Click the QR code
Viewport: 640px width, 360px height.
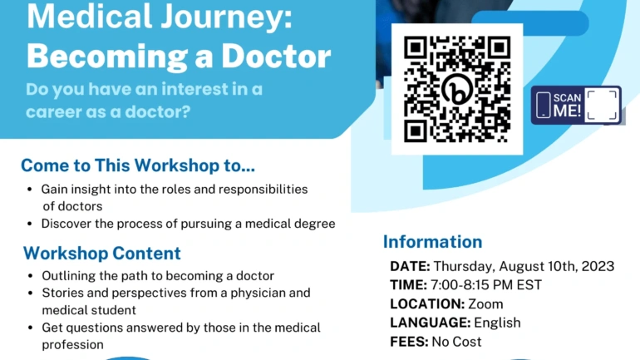tap(457, 89)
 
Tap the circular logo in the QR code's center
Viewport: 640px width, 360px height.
tap(457, 89)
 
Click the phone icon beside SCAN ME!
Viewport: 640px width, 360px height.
tap(544, 106)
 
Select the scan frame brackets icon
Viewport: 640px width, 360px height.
tap(601, 106)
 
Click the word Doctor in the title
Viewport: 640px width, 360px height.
tap(276, 56)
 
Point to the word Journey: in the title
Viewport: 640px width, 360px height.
tap(226, 17)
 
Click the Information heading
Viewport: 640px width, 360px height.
tap(433, 242)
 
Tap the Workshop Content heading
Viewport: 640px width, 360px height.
tap(102, 253)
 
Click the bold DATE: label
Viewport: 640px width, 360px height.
tap(410, 266)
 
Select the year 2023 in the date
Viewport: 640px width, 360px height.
tap(598, 266)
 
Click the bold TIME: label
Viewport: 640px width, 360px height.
tap(408, 285)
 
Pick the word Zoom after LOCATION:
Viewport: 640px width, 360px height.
tap(485, 304)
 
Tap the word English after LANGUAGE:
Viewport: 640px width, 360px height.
tap(498, 323)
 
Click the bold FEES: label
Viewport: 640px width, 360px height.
tap(409, 342)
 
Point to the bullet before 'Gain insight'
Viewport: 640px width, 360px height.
tap(29, 190)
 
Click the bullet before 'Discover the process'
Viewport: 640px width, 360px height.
tap(29, 224)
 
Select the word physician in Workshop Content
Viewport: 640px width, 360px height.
tap(259, 293)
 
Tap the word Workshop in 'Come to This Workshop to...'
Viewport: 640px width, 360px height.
tap(177, 165)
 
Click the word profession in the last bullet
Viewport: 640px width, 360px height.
tap(72, 345)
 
